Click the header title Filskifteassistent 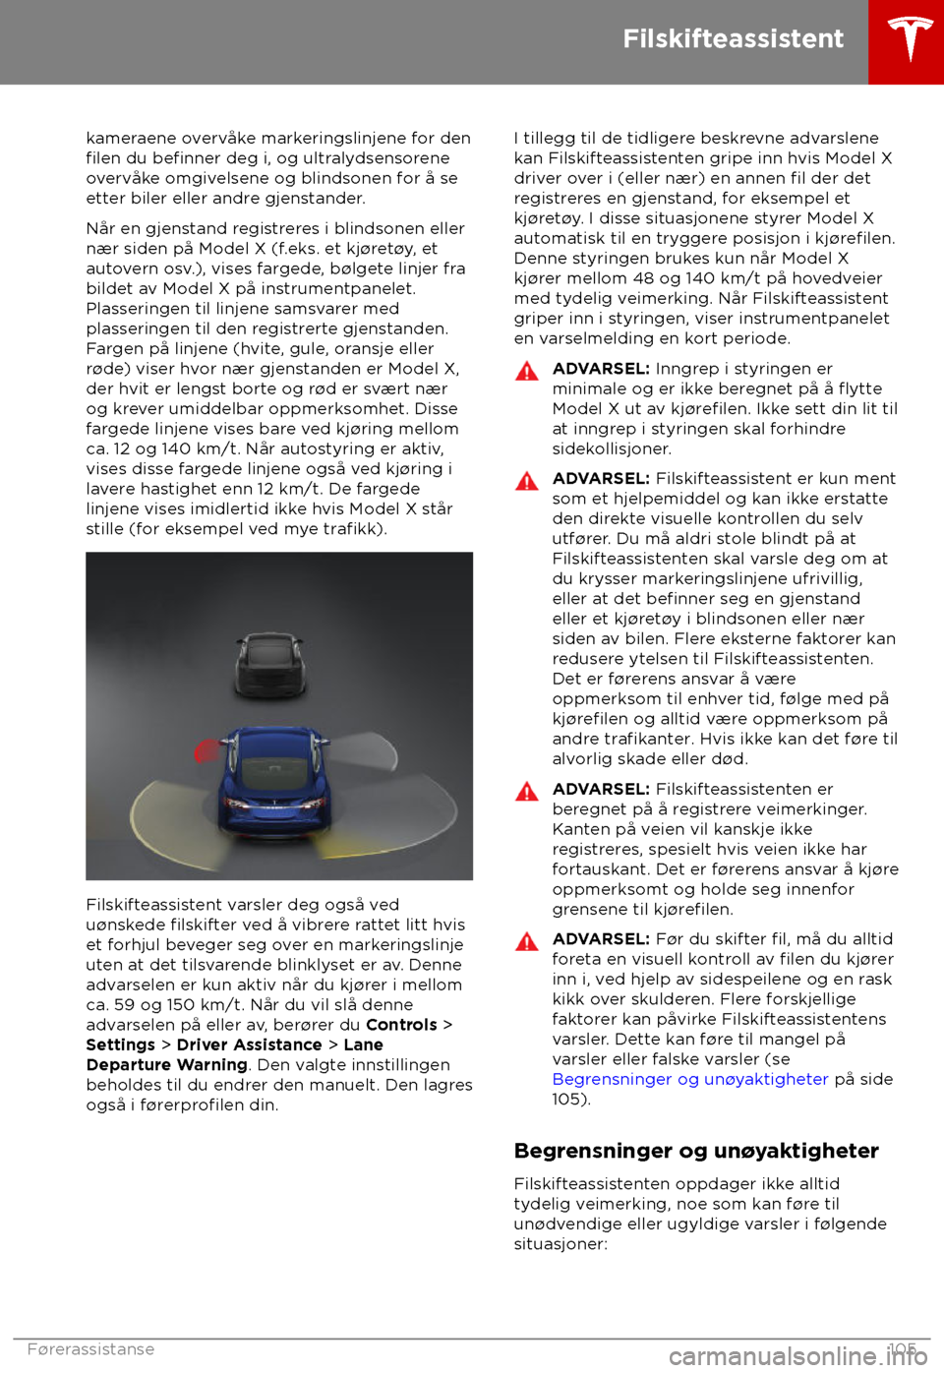click(x=733, y=38)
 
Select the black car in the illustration click(x=267, y=664)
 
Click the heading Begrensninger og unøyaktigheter click(x=696, y=1151)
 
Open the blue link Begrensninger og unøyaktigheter click(x=690, y=1079)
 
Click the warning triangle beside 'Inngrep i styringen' click(x=527, y=371)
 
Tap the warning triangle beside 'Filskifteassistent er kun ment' click(x=527, y=481)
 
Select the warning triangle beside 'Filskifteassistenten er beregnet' click(x=527, y=792)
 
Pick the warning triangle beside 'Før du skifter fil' click(x=527, y=941)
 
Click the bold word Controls click(x=401, y=1025)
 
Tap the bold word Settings click(x=120, y=1045)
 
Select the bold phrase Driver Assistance click(x=249, y=1045)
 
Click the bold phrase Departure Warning click(x=166, y=1065)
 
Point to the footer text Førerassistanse click(x=90, y=1349)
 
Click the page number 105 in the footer click(x=901, y=1349)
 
